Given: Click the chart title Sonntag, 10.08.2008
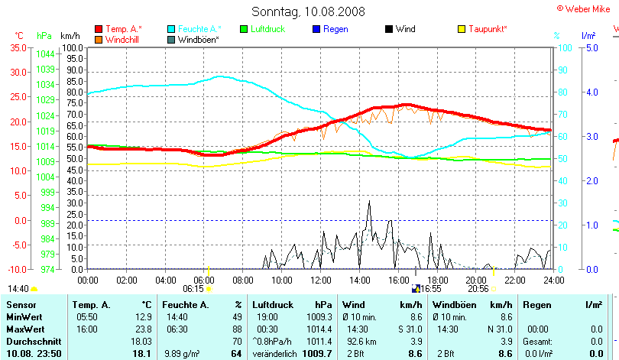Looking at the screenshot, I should click(x=308, y=11).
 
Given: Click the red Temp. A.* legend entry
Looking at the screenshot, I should click(x=122, y=29).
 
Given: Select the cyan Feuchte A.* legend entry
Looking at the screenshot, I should click(x=195, y=29).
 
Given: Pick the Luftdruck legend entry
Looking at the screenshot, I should click(x=267, y=29).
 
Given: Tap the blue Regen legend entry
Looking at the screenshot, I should click(x=335, y=29).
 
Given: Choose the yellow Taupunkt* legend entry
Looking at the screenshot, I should click(x=488, y=29).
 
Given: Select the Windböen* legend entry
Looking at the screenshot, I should click(x=198, y=39).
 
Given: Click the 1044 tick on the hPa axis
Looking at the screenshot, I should click(x=45, y=54).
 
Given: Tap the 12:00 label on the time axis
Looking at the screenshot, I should click(x=320, y=281).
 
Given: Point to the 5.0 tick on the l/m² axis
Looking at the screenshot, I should click(x=591, y=47).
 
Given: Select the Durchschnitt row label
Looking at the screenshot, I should click(x=33, y=340).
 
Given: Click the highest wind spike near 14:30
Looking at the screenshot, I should click(x=369, y=202).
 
